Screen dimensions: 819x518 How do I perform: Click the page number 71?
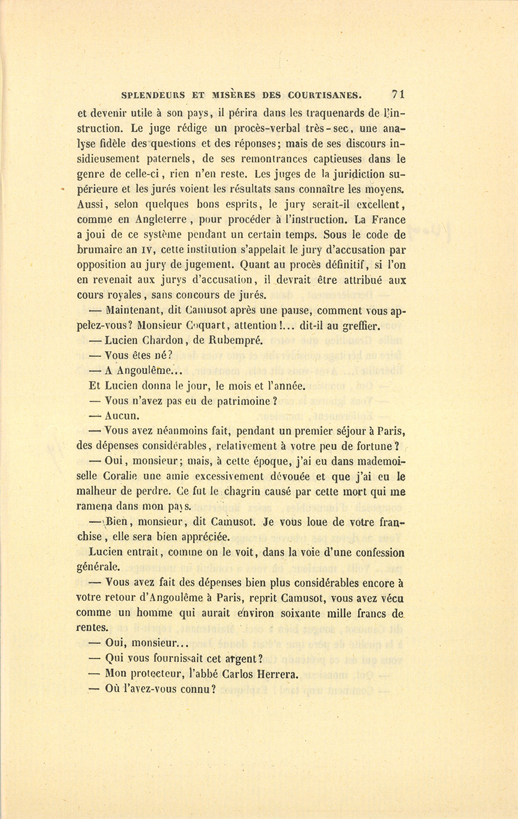tap(399, 94)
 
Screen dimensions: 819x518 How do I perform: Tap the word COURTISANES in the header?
tap(326, 96)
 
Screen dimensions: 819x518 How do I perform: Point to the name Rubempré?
tap(236, 340)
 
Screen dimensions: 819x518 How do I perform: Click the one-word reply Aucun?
tap(123, 416)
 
